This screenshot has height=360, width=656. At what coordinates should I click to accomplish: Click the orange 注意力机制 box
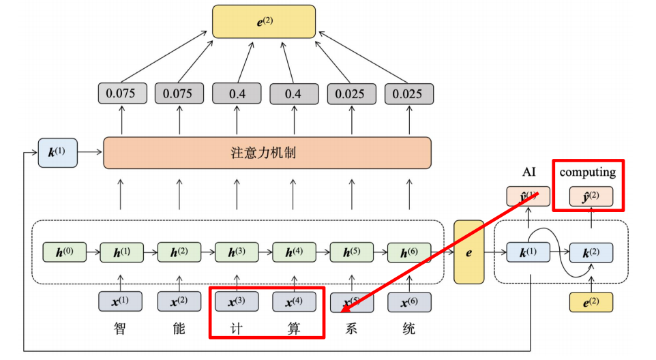pos(267,153)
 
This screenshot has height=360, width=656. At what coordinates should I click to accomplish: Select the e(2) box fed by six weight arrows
pos(264,21)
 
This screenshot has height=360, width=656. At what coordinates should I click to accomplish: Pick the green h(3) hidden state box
pos(237,252)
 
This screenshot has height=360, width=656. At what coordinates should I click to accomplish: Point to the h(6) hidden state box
pos(408,252)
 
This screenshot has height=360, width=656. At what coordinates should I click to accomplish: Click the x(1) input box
pos(122,301)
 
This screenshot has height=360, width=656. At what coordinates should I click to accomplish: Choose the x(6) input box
pos(408,301)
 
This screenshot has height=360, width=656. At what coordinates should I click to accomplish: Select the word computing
pos(587,172)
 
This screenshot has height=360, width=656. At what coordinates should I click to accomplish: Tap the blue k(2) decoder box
pos(591,253)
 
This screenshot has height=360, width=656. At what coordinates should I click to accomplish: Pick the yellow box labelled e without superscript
pos(468,252)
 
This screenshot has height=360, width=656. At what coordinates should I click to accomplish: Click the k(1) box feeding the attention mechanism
pos(58,153)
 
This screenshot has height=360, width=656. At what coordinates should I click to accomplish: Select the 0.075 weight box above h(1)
pos(122,93)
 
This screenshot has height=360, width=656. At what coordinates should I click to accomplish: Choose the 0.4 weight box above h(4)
pos(294,93)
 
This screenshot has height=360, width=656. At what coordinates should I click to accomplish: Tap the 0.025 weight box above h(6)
pos(408,93)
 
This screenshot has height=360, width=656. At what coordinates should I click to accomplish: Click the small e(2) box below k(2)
pos(591,301)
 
